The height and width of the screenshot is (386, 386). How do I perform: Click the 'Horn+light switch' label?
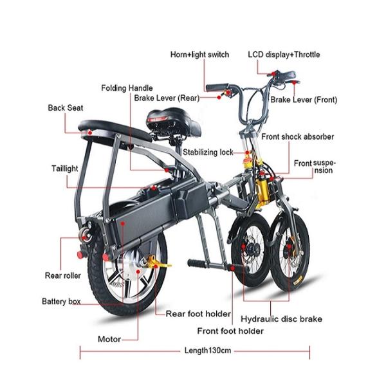click(199, 55)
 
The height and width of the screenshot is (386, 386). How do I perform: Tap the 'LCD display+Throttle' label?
click(284, 55)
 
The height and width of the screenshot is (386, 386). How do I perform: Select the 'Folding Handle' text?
click(127, 87)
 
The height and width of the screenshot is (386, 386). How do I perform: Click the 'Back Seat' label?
click(66, 107)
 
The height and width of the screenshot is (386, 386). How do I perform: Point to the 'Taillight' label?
click(65, 169)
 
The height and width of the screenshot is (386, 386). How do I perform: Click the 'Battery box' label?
click(61, 301)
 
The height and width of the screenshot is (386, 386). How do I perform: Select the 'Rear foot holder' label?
click(198, 314)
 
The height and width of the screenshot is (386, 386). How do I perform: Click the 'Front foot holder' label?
click(230, 331)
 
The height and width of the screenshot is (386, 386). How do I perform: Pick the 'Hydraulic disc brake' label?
click(281, 318)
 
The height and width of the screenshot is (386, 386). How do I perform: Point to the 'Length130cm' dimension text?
click(207, 351)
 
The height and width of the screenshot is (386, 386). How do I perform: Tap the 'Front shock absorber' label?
click(297, 137)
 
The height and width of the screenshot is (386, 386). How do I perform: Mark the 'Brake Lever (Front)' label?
click(304, 100)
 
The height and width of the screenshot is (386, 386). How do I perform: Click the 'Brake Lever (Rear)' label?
click(166, 98)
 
